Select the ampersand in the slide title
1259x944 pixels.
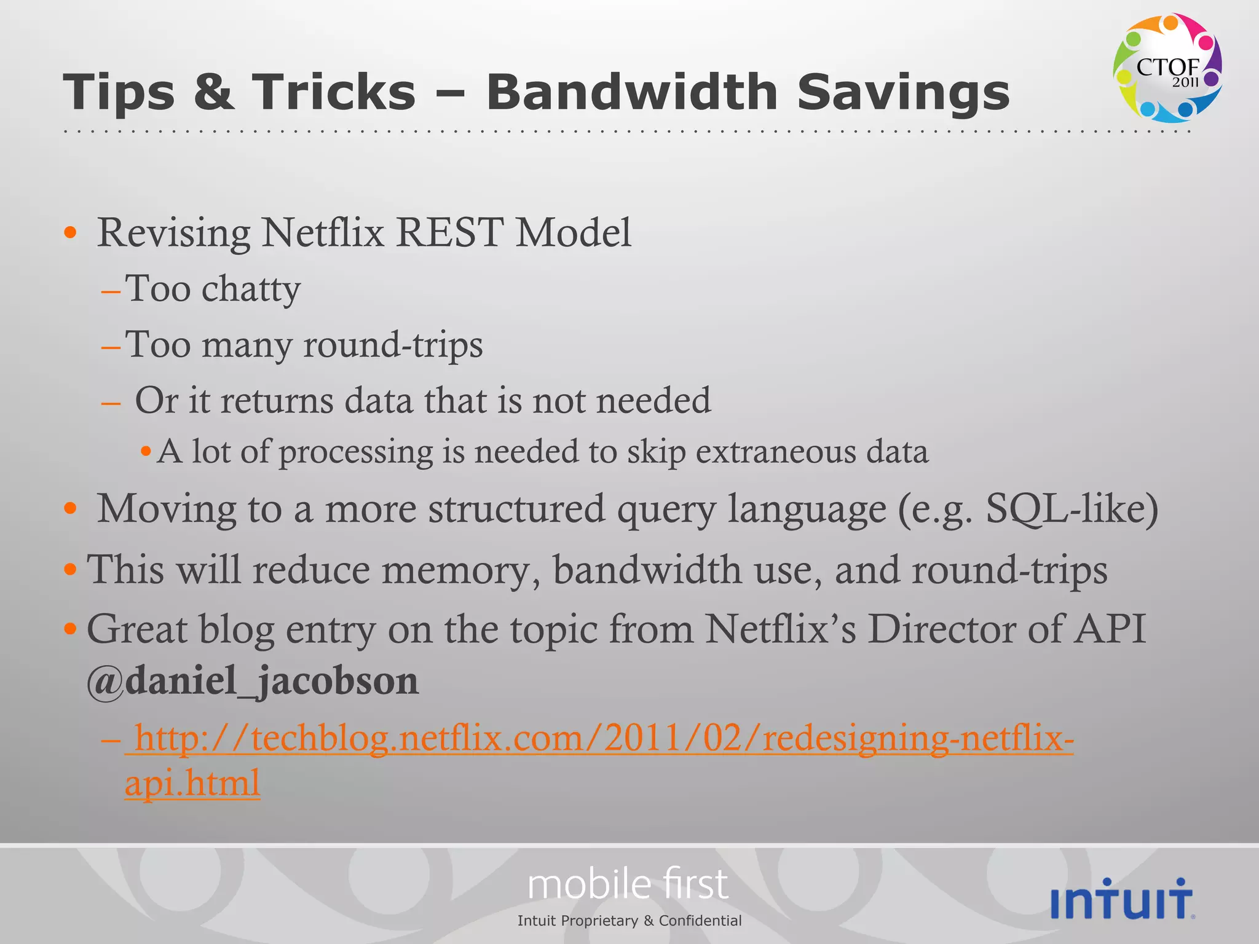click(x=213, y=92)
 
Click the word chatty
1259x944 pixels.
click(x=251, y=289)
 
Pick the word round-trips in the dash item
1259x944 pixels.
click(x=393, y=345)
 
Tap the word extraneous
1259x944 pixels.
click(x=775, y=452)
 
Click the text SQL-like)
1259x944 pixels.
click(x=1072, y=509)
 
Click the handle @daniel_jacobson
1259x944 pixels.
click(x=253, y=681)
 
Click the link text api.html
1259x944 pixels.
click(x=192, y=783)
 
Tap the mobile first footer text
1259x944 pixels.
click(x=628, y=884)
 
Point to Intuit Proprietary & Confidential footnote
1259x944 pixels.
click(x=629, y=921)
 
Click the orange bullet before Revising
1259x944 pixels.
click(x=71, y=233)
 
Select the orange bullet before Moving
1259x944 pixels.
click(x=71, y=509)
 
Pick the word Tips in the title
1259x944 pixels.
click(x=119, y=92)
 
